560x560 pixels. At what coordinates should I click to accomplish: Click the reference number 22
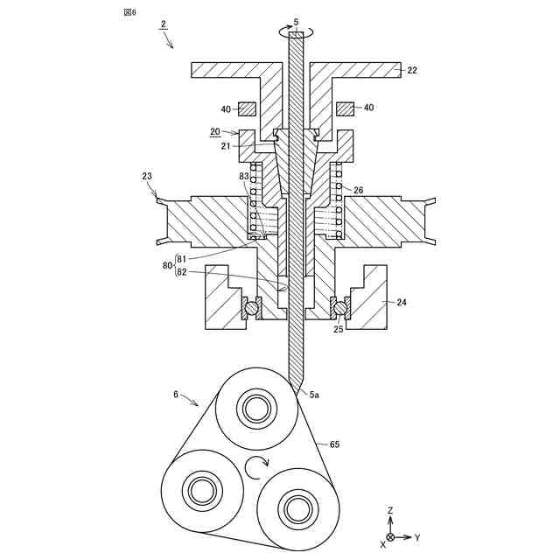(x=412, y=70)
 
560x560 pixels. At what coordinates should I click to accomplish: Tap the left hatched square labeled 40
(x=247, y=108)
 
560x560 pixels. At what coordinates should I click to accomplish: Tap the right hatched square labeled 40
(x=345, y=108)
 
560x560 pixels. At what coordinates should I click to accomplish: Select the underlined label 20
(x=215, y=131)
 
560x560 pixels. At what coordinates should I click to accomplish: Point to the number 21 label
(x=226, y=146)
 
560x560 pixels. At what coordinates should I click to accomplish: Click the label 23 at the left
(x=147, y=176)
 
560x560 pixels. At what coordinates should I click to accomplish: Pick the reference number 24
(x=402, y=302)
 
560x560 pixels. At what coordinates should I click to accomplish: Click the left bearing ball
(x=252, y=308)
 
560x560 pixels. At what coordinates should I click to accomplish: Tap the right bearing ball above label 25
(x=340, y=308)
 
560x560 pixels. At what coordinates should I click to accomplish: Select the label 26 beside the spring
(x=358, y=191)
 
